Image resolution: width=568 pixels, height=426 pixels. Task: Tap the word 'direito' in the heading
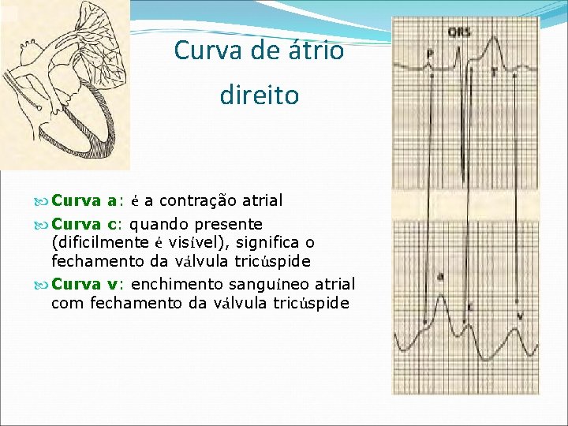[x=260, y=95]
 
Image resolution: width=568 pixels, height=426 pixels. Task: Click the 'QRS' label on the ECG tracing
[x=460, y=32]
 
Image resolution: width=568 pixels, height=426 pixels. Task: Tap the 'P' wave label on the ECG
[x=429, y=54]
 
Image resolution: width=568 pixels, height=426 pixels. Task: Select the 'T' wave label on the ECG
[x=494, y=71]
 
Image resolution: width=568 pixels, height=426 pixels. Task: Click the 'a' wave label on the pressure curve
[x=439, y=276]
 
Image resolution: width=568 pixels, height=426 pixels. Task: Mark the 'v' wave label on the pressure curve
[x=520, y=316]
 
